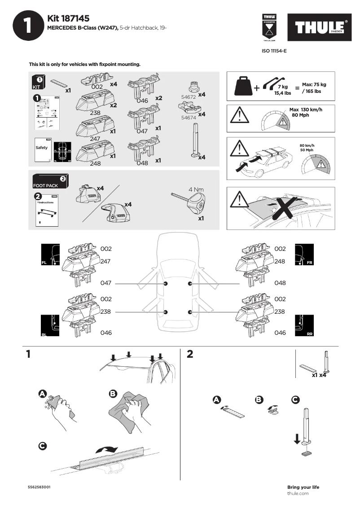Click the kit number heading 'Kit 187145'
68,18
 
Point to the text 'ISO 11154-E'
274,51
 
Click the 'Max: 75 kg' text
314,84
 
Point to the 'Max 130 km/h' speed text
306,110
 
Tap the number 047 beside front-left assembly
106,283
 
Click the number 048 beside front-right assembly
280,283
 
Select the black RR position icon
304,325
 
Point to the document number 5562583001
39,487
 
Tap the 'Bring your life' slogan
303,487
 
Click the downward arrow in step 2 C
296,438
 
